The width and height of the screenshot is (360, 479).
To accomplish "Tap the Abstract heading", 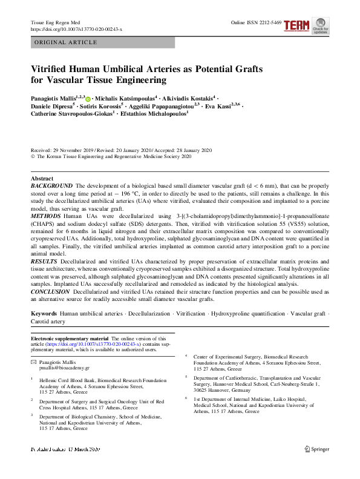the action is [x=42, y=179].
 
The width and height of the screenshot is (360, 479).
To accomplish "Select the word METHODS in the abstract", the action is [x=45, y=216].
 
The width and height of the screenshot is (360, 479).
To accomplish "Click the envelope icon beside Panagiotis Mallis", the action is [x=33, y=362].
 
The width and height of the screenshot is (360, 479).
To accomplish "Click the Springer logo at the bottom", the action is [x=318, y=466].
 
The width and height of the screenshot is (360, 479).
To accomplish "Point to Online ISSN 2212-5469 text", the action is [x=257, y=22].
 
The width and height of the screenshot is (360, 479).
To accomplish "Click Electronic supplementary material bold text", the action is [x=70, y=339].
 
